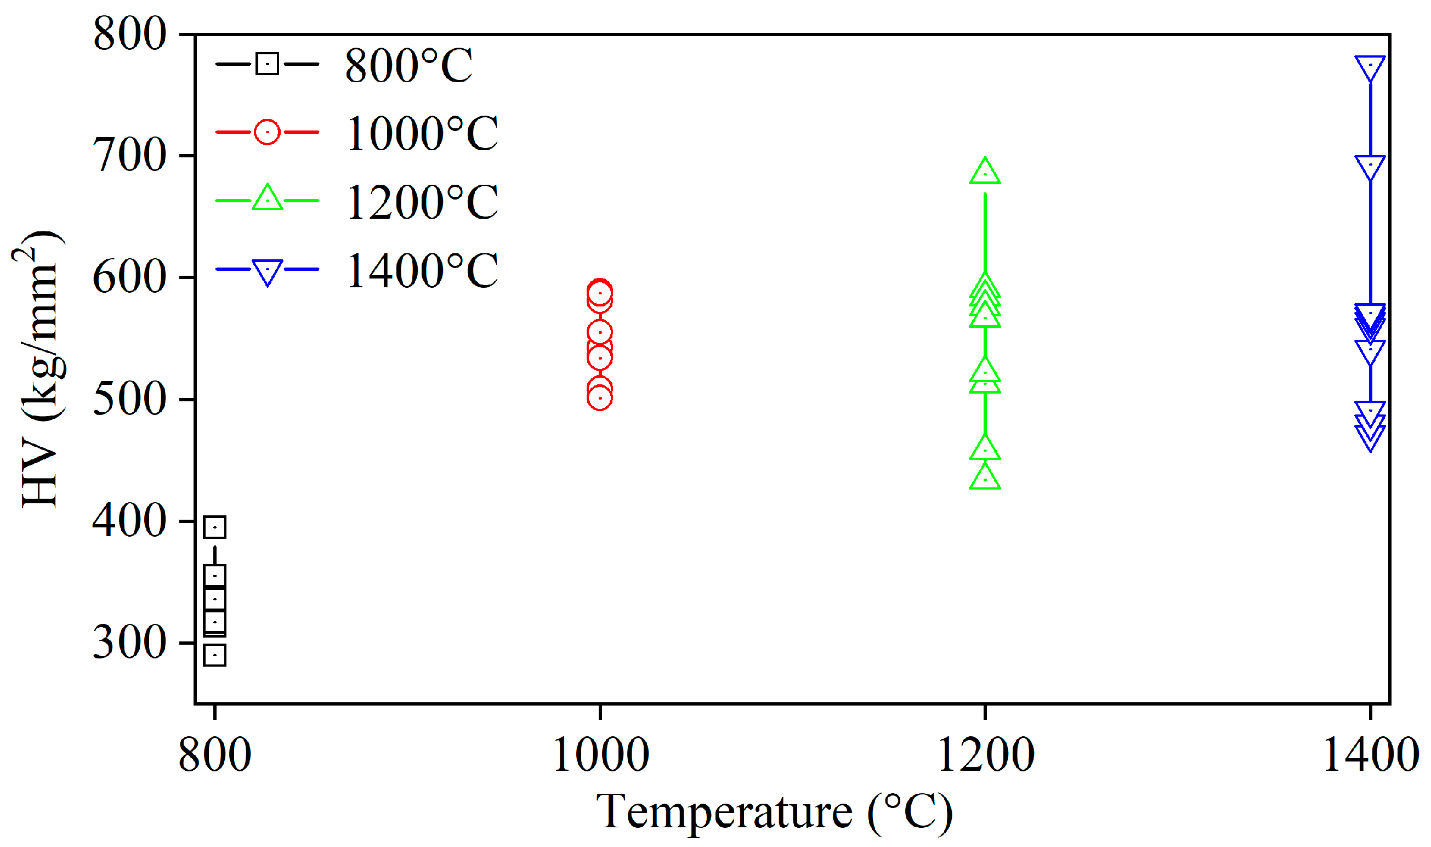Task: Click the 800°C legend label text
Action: coord(408,66)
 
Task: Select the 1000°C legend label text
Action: coord(422,134)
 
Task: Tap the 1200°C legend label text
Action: coord(422,202)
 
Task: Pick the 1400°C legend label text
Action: coord(422,270)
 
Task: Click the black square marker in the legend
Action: coord(267,64)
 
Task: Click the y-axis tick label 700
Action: coord(129,155)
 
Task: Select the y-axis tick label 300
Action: coord(129,642)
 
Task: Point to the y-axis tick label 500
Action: coord(129,399)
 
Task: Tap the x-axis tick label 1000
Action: coord(600,755)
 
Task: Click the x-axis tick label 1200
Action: coord(986,755)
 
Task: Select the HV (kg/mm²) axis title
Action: coord(39,370)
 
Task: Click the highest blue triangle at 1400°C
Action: coord(1371,67)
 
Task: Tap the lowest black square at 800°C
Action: coord(215,655)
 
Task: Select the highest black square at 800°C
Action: coord(215,527)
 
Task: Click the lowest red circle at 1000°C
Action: coord(600,398)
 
